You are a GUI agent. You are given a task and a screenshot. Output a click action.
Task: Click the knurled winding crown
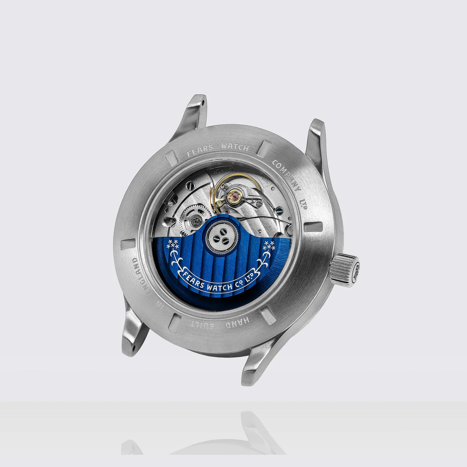coord(344,270)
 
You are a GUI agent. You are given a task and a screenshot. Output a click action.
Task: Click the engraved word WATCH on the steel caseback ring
coord(235,147)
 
